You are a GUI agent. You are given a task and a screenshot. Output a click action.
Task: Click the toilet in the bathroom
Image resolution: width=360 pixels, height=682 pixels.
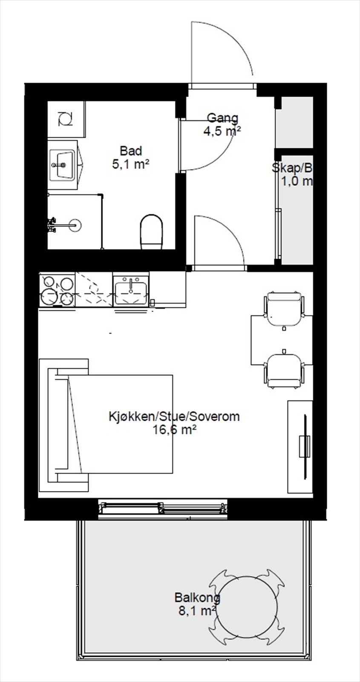coord(152,232)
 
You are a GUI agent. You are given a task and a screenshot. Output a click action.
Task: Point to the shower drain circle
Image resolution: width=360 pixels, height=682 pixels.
coord(75,224)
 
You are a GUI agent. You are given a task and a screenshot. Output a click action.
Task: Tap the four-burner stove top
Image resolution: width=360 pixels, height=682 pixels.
coord(57,290)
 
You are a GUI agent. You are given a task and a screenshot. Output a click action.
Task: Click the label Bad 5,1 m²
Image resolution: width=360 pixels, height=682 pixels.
coord(130,157)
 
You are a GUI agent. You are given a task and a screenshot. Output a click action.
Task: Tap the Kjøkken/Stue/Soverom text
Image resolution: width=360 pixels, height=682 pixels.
coord(174,416)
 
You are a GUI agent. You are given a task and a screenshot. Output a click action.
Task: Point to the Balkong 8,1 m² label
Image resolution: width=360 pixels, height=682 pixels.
coord(197,604)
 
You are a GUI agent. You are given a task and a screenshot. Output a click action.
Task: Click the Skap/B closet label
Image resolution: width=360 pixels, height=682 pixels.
coord(293,174)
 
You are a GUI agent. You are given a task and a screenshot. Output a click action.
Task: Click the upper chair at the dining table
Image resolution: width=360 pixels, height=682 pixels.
coord(284,308)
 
